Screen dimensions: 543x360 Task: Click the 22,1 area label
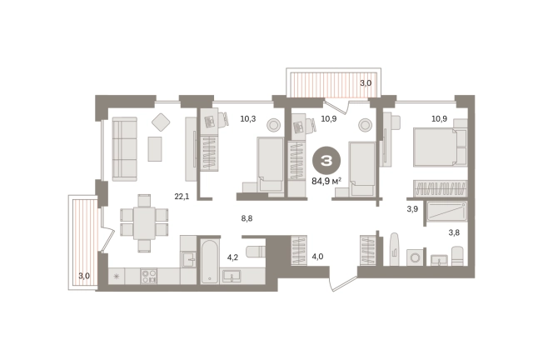[182, 197]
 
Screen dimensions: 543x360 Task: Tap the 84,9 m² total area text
[326, 181]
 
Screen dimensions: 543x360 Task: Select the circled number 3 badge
[326, 161]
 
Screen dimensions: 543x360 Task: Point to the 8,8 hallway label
[247, 218]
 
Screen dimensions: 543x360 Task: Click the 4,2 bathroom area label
[232, 257]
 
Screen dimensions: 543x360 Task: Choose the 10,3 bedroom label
[248, 119]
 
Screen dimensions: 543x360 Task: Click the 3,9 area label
[412, 209]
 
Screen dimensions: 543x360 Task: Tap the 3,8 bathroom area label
[454, 232]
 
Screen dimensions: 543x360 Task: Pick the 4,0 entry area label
[317, 257]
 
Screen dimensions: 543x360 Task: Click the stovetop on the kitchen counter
[149, 276]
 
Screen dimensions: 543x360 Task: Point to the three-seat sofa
[124, 149]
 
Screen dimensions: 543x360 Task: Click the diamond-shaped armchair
[161, 122]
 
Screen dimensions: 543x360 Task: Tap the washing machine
[415, 257]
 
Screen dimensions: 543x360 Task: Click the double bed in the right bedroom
[440, 147]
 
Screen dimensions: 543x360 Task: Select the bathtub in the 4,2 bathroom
[210, 262]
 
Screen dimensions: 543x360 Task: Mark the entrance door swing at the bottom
[343, 282]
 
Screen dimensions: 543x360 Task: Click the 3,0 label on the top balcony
[366, 83]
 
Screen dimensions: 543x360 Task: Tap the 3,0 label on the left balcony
[84, 276]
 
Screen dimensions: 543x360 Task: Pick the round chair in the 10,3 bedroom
[273, 124]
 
